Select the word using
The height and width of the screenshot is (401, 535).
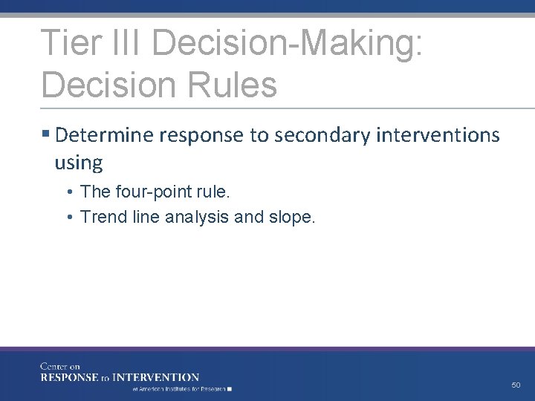click(x=78, y=161)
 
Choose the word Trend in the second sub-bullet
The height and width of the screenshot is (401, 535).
click(x=102, y=217)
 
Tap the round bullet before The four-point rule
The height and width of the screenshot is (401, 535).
click(x=68, y=192)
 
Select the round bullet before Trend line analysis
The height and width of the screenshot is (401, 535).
click(x=68, y=218)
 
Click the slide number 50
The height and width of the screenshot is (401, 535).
click(x=516, y=385)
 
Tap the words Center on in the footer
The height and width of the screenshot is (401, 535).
click(x=60, y=366)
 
